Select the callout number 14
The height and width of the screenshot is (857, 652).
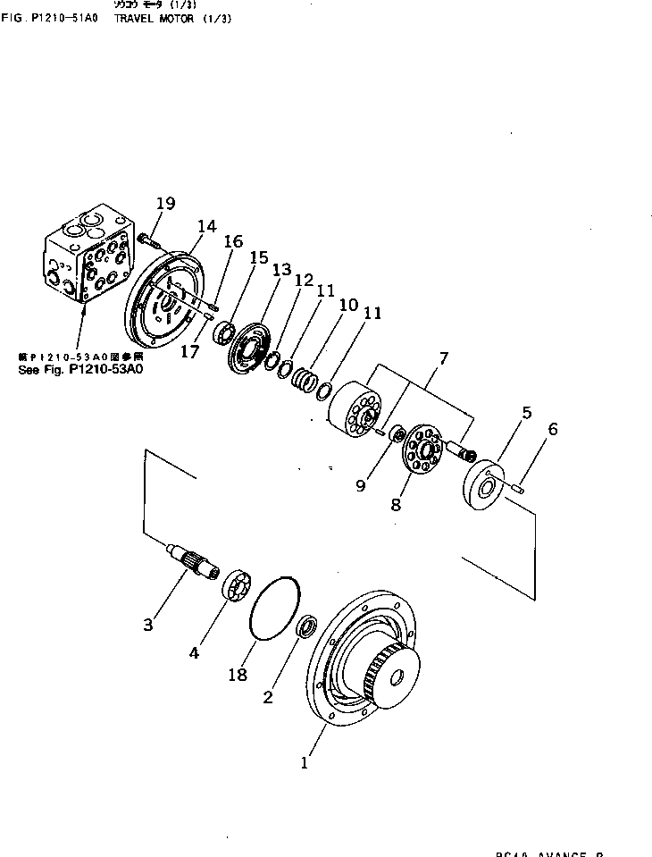tap(207, 226)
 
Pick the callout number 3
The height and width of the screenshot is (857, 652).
tap(148, 625)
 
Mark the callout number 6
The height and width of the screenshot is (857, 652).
tap(553, 429)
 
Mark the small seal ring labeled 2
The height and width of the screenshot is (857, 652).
tap(306, 627)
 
